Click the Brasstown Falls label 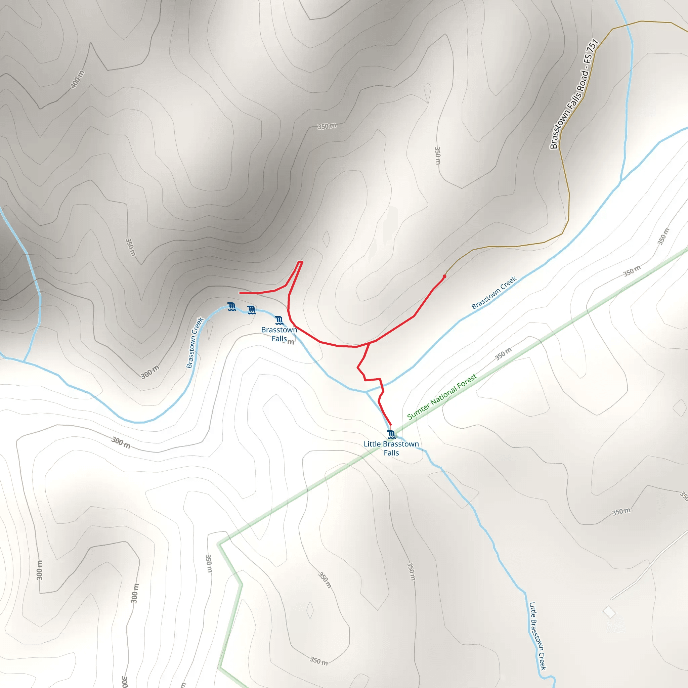click(279, 334)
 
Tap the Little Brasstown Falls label click(391, 448)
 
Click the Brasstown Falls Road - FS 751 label click(574, 94)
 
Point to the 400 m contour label click(78, 79)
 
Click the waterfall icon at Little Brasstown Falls click(391, 434)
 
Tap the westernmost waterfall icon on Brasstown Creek click(232, 307)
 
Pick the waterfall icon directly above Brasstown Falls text click(279, 320)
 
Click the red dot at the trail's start click(444, 276)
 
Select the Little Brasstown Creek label click(537, 636)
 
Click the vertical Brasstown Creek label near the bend click(195, 343)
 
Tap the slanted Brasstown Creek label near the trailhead click(493, 293)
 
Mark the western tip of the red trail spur click(240, 293)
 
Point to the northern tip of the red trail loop click(300, 262)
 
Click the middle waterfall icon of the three click(251, 310)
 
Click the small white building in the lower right click(609, 612)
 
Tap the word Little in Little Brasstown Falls click(372, 444)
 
